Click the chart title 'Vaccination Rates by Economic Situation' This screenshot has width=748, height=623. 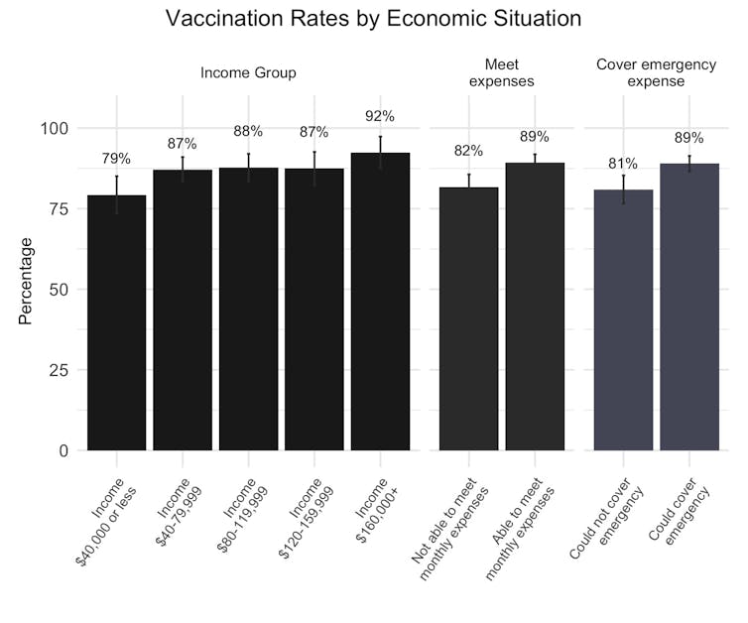click(x=373, y=19)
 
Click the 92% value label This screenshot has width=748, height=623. click(x=380, y=116)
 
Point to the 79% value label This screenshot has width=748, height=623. click(x=117, y=159)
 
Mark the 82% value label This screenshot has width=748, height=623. click(x=468, y=151)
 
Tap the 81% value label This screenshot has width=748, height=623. click(x=623, y=164)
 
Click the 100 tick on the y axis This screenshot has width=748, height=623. click(x=56, y=128)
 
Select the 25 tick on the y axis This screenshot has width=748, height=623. click(x=60, y=370)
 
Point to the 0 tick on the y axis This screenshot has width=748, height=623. click(x=63, y=450)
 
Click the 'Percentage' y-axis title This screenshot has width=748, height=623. click(x=27, y=281)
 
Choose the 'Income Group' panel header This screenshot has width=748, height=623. click(x=248, y=73)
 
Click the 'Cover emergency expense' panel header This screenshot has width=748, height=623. click(x=656, y=73)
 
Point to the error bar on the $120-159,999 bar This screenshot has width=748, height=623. click(x=314, y=168)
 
